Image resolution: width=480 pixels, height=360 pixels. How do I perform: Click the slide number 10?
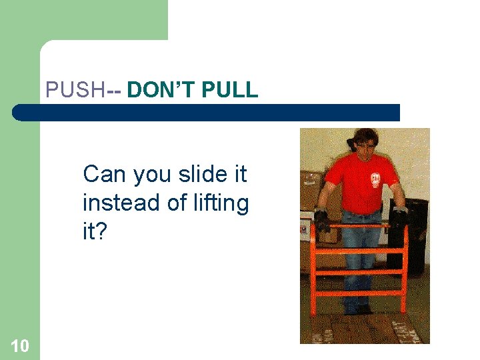(x=20, y=345)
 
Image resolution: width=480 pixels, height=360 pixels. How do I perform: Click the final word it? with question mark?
(x=95, y=231)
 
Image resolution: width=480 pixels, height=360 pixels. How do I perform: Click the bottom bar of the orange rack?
(x=360, y=293)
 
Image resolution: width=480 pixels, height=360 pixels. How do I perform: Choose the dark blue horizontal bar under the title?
(x=207, y=113)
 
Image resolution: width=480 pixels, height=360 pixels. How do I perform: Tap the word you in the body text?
(x=153, y=175)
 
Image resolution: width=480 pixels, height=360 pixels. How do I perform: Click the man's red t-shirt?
(x=357, y=183)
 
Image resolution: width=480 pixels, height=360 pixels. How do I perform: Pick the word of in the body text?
(x=176, y=203)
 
